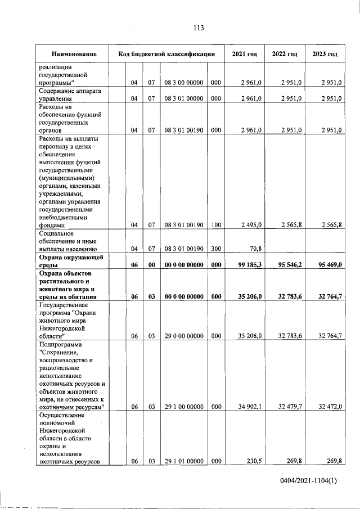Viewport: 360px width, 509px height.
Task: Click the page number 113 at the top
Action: point(197,29)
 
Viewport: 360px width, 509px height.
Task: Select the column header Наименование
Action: point(74,54)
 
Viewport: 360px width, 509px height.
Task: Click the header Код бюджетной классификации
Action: point(167,54)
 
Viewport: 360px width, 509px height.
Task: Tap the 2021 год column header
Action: point(245,54)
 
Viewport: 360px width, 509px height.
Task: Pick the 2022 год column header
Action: point(285,54)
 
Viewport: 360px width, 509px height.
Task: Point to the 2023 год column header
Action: point(325,54)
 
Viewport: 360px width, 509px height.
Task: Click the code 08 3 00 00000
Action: point(183,83)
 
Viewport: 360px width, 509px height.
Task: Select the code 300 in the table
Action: point(215,247)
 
